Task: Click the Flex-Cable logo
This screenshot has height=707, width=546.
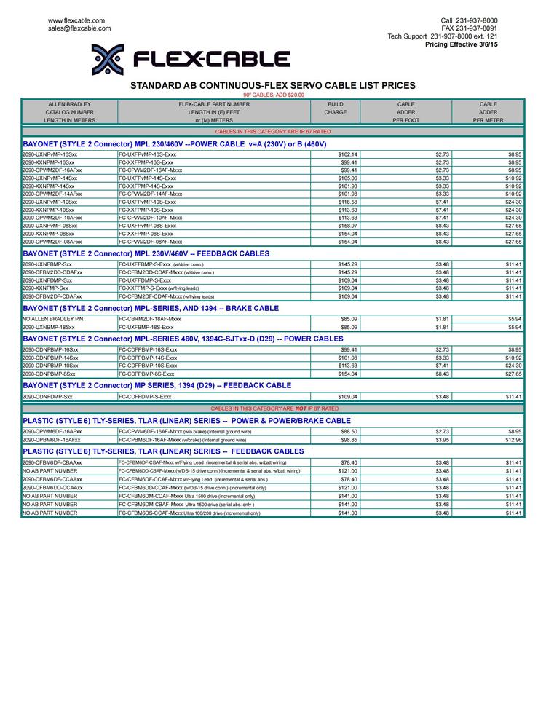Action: tap(190, 60)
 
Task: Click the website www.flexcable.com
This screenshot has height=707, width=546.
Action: tap(76, 20)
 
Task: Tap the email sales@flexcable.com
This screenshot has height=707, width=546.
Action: tap(79, 28)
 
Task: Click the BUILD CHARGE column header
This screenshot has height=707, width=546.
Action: tap(336, 112)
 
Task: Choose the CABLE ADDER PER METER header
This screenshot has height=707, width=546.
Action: tap(488, 112)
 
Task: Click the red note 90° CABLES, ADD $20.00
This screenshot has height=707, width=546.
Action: tap(274, 95)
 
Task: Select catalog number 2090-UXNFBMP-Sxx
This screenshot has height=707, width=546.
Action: tap(47, 264)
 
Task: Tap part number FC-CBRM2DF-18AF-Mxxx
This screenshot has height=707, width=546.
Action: tap(150, 319)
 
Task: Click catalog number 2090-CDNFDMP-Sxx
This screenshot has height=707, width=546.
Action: tap(47, 397)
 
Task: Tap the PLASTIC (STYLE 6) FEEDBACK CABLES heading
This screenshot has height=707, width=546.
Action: tap(163, 451)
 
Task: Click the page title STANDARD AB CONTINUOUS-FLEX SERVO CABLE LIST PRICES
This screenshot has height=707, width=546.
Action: tap(273, 85)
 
